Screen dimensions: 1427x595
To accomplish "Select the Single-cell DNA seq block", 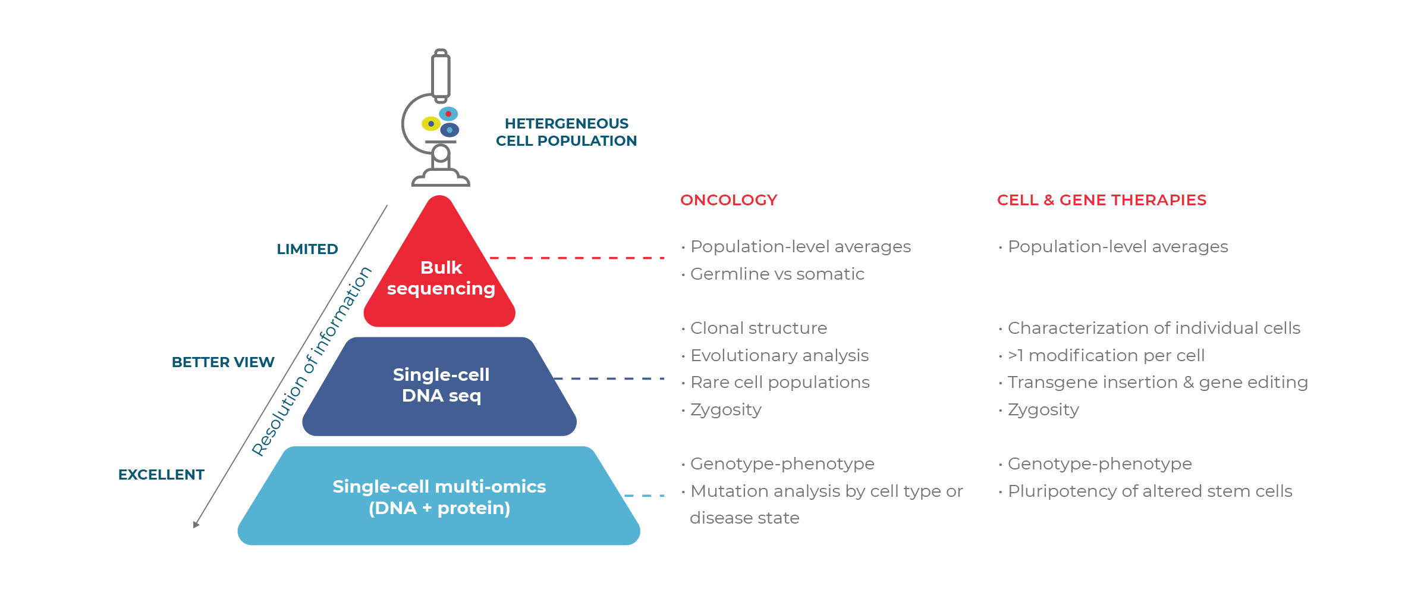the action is [x=440, y=386].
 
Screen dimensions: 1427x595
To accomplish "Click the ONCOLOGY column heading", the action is [x=728, y=200].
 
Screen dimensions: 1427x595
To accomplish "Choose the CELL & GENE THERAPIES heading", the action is [x=1102, y=200].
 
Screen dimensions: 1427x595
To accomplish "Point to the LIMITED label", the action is [x=307, y=249].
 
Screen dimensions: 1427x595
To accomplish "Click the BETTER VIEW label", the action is [x=223, y=362].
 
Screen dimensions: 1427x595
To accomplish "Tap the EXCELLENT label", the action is [x=161, y=475].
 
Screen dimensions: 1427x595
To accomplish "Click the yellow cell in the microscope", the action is [x=430, y=124].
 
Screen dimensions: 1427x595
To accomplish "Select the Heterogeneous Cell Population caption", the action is [x=566, y=132].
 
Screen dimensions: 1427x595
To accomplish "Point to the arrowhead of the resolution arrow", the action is [x=196, y=525].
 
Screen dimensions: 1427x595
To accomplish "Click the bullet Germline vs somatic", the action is [x=773, y=274].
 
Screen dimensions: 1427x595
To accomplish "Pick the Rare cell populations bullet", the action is [x=775, y=382].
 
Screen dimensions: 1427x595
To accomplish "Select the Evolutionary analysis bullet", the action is [x=775, y=355].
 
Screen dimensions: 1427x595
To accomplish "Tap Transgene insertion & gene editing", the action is [x=1153, y=382].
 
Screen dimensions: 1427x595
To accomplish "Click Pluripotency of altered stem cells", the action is [x=1146, y=491].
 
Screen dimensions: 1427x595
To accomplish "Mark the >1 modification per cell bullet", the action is [x=1102, y=355].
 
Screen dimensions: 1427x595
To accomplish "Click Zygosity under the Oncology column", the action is [x=721, y=410].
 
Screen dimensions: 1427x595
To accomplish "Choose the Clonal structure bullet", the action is [x=754, y=328].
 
